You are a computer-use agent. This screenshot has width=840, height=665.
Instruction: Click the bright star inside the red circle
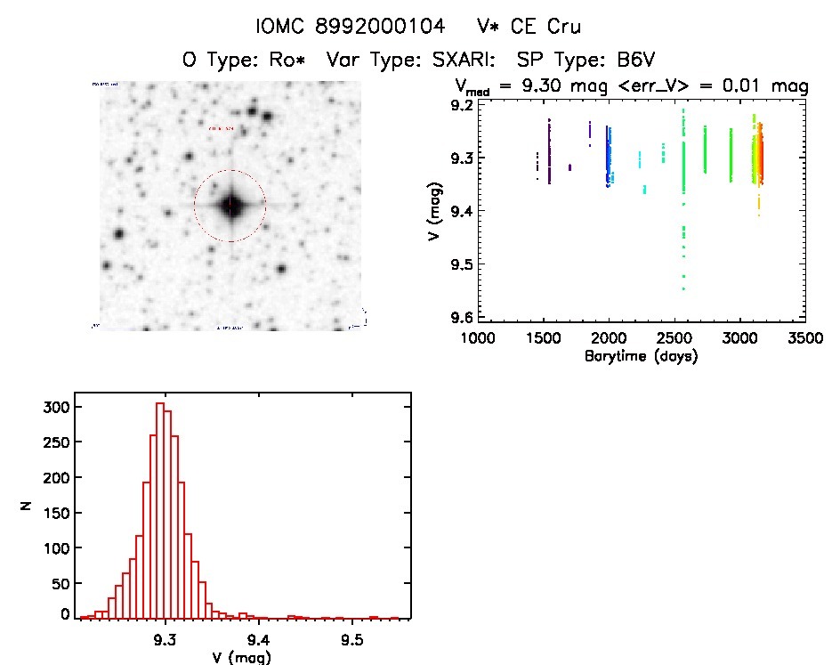tap(230, 206)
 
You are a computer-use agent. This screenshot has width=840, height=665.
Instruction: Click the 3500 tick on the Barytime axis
tap(805, 339)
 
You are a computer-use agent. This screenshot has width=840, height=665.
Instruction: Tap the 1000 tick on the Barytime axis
tap(478, 339)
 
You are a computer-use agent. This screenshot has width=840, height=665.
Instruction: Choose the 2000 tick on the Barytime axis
tap(609, 339)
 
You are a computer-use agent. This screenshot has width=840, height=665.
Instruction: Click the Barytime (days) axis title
tap(641, 357)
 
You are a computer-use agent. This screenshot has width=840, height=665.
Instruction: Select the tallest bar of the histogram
tap(160, 509)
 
